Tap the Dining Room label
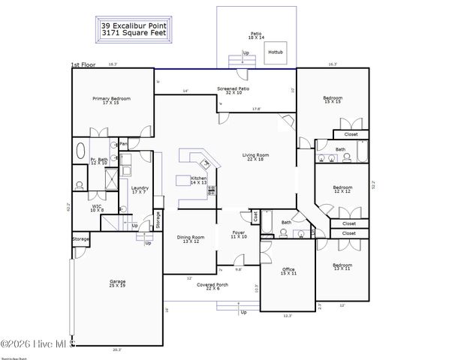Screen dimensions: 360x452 (x=190, y=239)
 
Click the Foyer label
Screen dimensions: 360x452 (x=239, y=234)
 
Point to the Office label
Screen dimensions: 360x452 (x=288, y=271)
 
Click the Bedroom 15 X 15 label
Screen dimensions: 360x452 (x=333, y=100)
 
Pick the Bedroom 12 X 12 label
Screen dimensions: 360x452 (x=342, y=188)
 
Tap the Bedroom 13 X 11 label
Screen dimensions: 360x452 (x=342, y=266)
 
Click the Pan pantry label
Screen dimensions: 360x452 (x=123, y=144)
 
